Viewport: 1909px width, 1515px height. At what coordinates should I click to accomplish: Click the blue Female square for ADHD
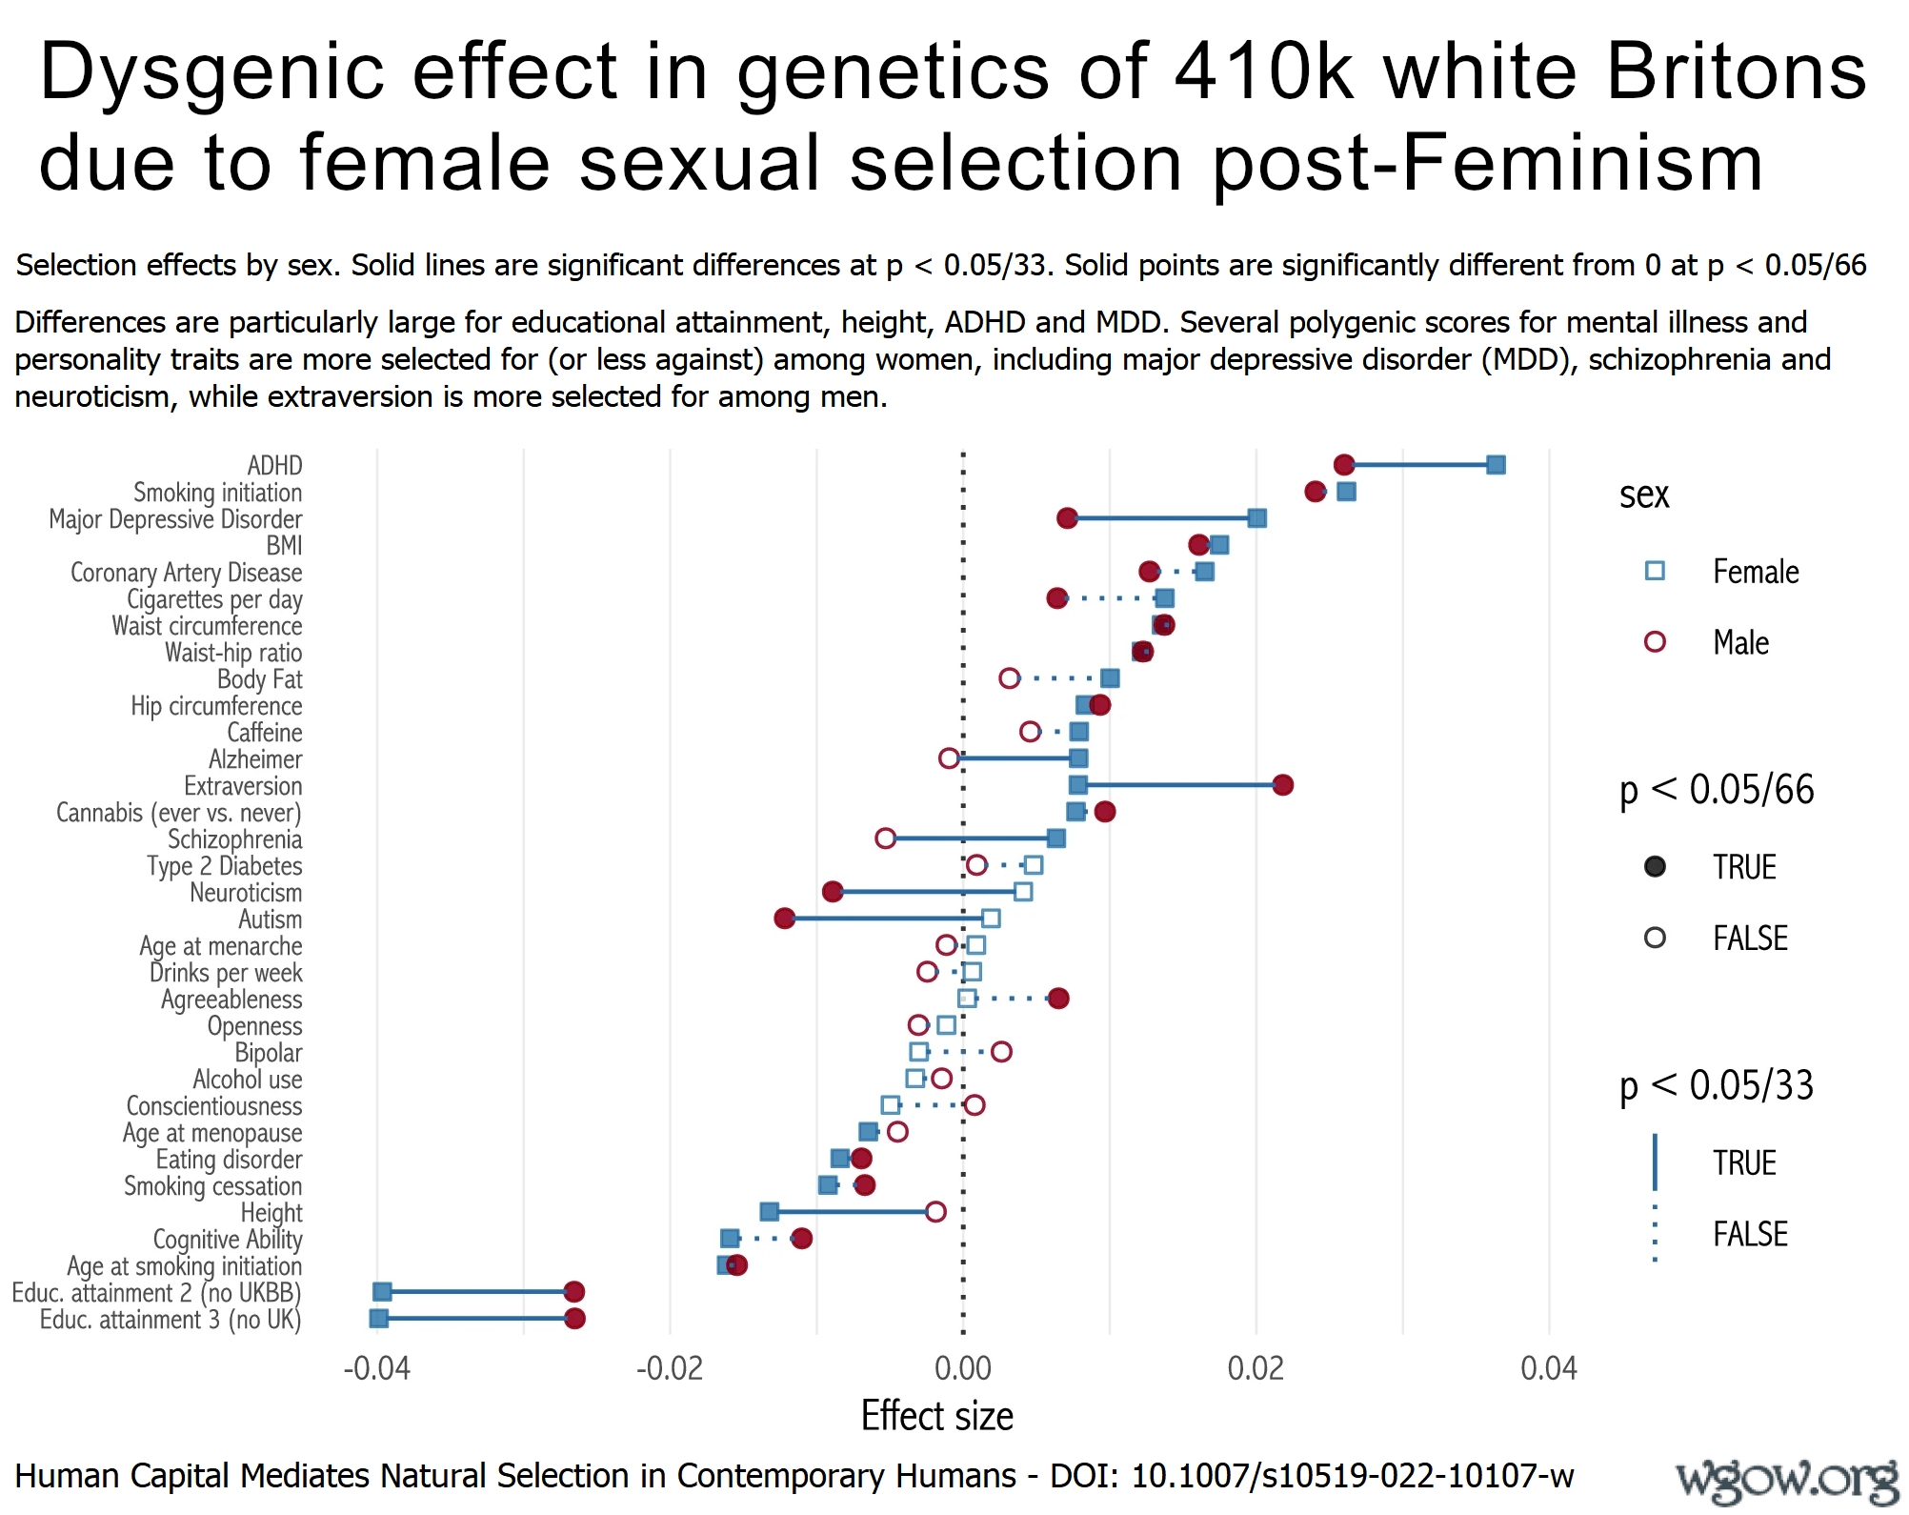coord(1496,465)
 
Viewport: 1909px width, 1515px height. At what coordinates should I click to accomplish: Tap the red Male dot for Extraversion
coord(1282,785)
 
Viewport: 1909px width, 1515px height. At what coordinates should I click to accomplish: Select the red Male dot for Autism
coord(784,919)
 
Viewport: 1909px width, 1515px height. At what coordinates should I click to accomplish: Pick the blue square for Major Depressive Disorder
coord(1256,518)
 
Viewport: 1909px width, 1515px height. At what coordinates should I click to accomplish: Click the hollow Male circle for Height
coord(935,1212)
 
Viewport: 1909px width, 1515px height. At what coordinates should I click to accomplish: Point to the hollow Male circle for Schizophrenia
coord(885,838)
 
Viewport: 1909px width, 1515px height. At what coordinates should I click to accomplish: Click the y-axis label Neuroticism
coord(246,893)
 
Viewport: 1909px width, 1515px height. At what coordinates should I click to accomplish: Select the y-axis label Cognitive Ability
coord(228,1240)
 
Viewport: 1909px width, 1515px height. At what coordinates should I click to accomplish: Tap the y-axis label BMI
coord(284,546)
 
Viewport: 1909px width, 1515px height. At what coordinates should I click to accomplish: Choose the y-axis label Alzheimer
coord(255,759)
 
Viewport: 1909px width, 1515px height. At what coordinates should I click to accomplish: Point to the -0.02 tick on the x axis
coord(670,1369)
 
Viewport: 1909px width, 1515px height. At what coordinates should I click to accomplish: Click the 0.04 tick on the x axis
coord(1549,1369)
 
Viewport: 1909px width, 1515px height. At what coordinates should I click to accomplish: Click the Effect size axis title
coord(936,1417)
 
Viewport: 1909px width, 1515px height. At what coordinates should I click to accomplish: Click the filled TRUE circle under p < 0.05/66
coord(1655,867)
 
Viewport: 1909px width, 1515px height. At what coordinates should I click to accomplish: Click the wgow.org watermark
coord(1787,1481)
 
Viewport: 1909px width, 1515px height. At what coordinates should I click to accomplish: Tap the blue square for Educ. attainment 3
coord(378,1319)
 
